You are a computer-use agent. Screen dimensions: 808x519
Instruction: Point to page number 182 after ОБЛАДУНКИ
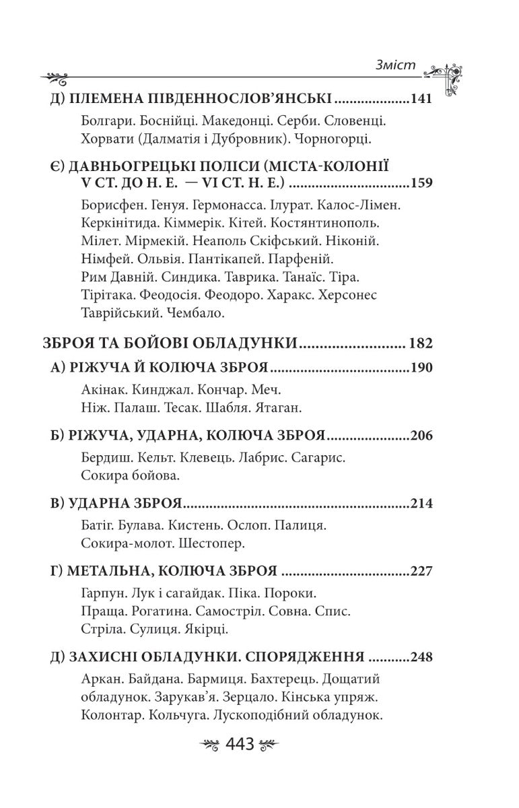point(420,343)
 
